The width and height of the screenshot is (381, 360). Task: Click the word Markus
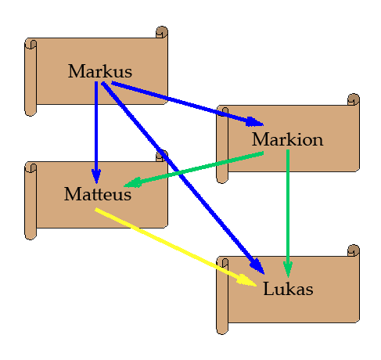[x=100, y=71]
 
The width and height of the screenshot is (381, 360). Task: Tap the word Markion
[x=287, y=139]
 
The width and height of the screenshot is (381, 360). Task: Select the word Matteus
[x=98, y=194]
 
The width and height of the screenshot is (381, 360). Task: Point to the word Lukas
[x=288, y=289]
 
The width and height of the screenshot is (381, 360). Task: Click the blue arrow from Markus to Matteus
[x=96, y=132]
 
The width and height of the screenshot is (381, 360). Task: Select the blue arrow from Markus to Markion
[x=188, y=104]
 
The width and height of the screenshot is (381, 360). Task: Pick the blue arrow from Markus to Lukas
[x=183, y=178]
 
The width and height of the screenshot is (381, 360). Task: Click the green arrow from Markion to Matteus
[x=193, y=170]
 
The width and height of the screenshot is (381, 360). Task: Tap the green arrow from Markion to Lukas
[x=288, y=214]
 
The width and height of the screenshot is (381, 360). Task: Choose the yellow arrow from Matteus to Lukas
[x=176, y=247]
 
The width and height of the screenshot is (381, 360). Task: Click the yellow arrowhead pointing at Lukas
[x=246, y=281]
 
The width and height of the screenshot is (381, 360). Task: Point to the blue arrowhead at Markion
[x=254, y=122]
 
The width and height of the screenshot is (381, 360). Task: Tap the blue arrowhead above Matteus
[x=96, y=176]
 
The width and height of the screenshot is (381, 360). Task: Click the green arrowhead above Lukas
[x=288, y=270]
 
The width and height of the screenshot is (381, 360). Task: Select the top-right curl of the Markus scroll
[x=162, y=32]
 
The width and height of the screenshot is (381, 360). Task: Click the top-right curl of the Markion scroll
[x=354, y=99]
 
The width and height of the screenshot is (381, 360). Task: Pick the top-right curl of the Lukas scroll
[x=354, y=250]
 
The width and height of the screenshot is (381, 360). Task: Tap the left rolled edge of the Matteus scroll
[x=31, y=201]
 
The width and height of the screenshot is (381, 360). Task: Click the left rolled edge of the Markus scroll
[x=31, y=77]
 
